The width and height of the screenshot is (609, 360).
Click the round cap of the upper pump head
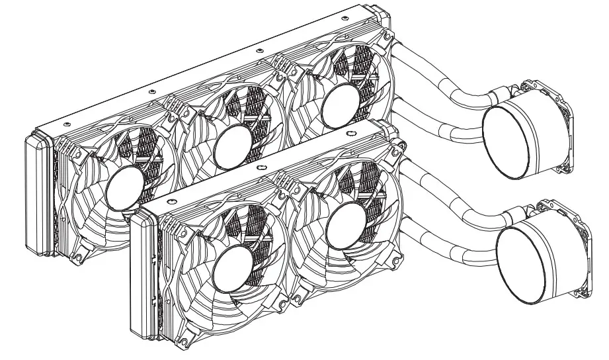pos(515,144)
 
